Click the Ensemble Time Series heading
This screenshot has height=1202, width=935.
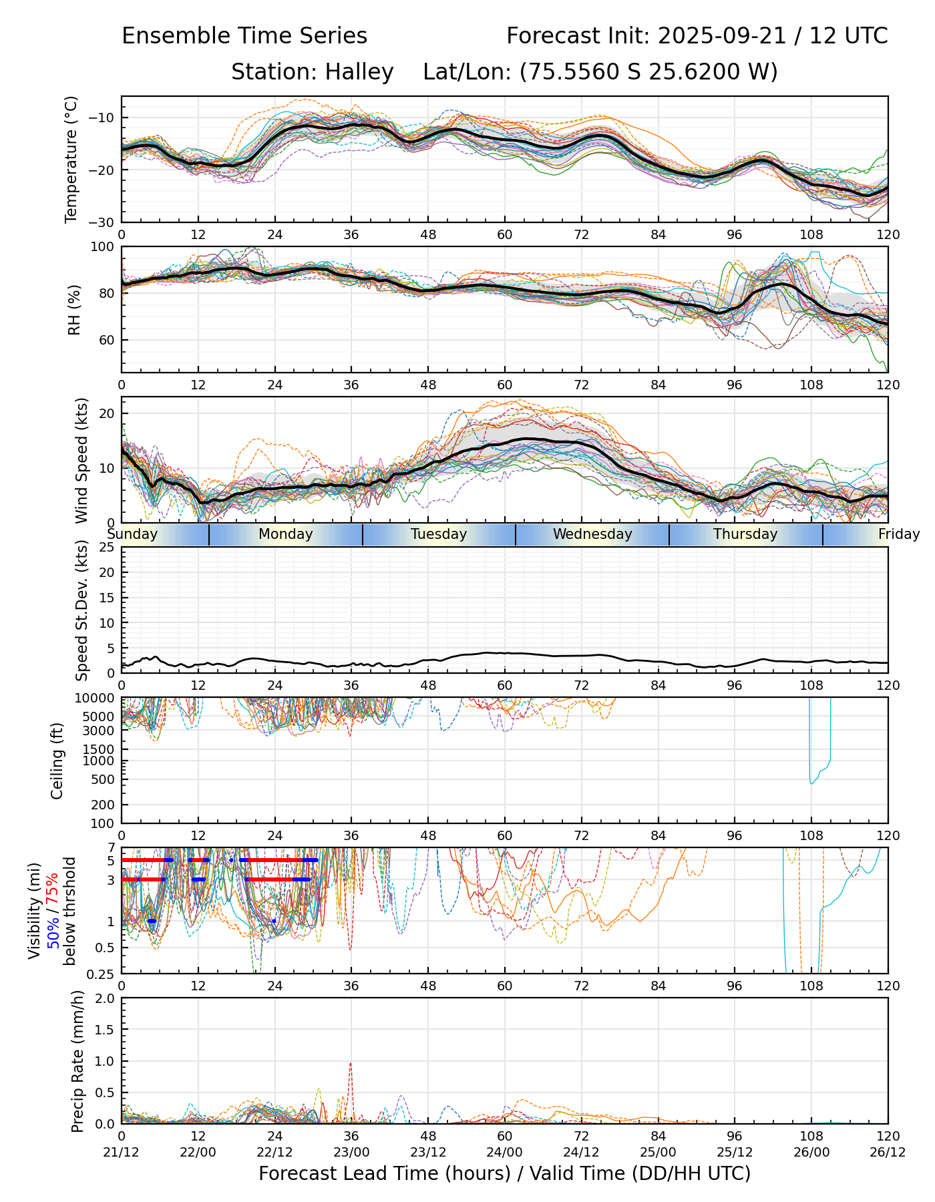click(244, 36)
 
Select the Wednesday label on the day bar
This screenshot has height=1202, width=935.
click(592, 534)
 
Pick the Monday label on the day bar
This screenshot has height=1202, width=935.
click(285, 534)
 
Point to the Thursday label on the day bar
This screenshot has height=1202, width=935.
click(745, 534)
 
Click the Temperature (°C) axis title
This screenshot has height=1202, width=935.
click(71, 159)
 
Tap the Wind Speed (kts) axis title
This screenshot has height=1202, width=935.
click(81, 460)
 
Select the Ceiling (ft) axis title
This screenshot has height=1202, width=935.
click(57, 761)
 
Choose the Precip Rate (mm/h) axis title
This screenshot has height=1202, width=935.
click(77, 1061)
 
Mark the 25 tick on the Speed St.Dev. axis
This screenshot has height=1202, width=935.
click(108, 548)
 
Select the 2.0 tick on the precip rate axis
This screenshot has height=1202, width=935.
click(106, 999)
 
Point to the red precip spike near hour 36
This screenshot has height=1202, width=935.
click(351, 1064)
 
